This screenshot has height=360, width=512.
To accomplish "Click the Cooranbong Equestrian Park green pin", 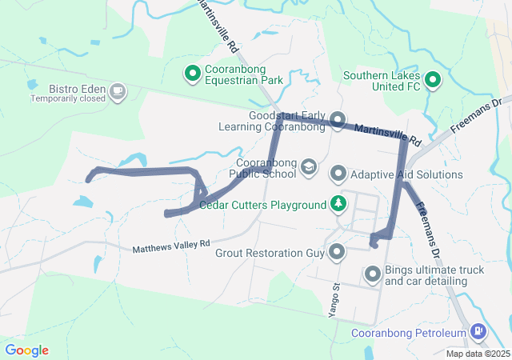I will coord(193,74).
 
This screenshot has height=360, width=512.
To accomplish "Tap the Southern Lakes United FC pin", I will coord(433,79).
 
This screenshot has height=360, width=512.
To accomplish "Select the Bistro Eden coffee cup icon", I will coord(118,90).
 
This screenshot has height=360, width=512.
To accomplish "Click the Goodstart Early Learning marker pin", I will coord(338,121).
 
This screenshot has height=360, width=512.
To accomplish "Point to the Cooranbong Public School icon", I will coord(308,167).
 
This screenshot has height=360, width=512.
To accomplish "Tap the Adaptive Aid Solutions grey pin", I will coord(338,174).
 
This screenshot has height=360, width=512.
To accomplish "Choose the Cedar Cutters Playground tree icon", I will coord(339,204).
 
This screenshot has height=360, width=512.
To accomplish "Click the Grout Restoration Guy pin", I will coord(337,253).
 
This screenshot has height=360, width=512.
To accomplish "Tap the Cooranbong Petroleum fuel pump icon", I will coord(478,330).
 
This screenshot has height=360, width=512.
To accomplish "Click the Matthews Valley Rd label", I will coord(171,243).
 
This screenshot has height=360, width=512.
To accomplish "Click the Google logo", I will coord(26,350).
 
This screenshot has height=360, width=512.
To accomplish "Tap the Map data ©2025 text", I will coord(478,354).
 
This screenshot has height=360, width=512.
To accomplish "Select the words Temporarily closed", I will coord(68,99).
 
